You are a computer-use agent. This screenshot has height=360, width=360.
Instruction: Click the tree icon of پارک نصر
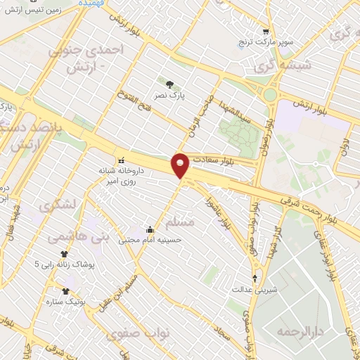170,84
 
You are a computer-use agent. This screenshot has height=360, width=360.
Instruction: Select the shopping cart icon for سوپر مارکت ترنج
265,32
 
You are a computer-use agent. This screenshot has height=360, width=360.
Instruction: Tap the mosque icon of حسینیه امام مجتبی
150,229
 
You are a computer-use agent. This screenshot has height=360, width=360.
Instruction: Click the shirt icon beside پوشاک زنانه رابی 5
65,255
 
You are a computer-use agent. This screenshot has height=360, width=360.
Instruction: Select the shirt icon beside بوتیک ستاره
65,291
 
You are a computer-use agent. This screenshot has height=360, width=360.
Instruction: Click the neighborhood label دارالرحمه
294,331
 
